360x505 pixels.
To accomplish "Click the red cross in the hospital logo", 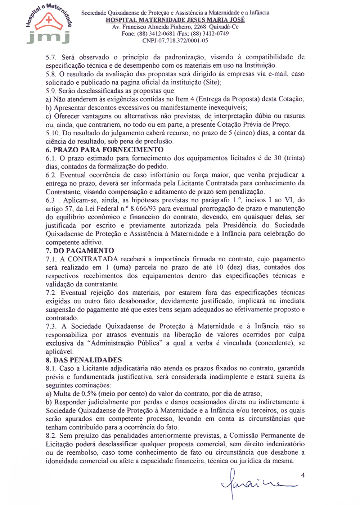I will coord(49,19).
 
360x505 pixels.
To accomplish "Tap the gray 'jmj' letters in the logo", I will coord(48,36).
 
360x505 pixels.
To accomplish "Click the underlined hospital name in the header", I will coord(175,20).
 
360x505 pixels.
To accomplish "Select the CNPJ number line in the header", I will coord(175,41).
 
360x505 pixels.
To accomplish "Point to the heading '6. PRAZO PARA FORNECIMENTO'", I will coord(104,150).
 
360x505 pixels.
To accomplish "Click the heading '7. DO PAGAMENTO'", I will coord(80,251).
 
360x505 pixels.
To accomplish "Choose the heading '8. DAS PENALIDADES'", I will coord(84,360).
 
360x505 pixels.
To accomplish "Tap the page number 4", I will coord(303,475).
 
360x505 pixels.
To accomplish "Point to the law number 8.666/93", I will coord(144,208).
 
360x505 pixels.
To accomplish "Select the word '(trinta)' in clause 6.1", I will coord(294,158).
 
